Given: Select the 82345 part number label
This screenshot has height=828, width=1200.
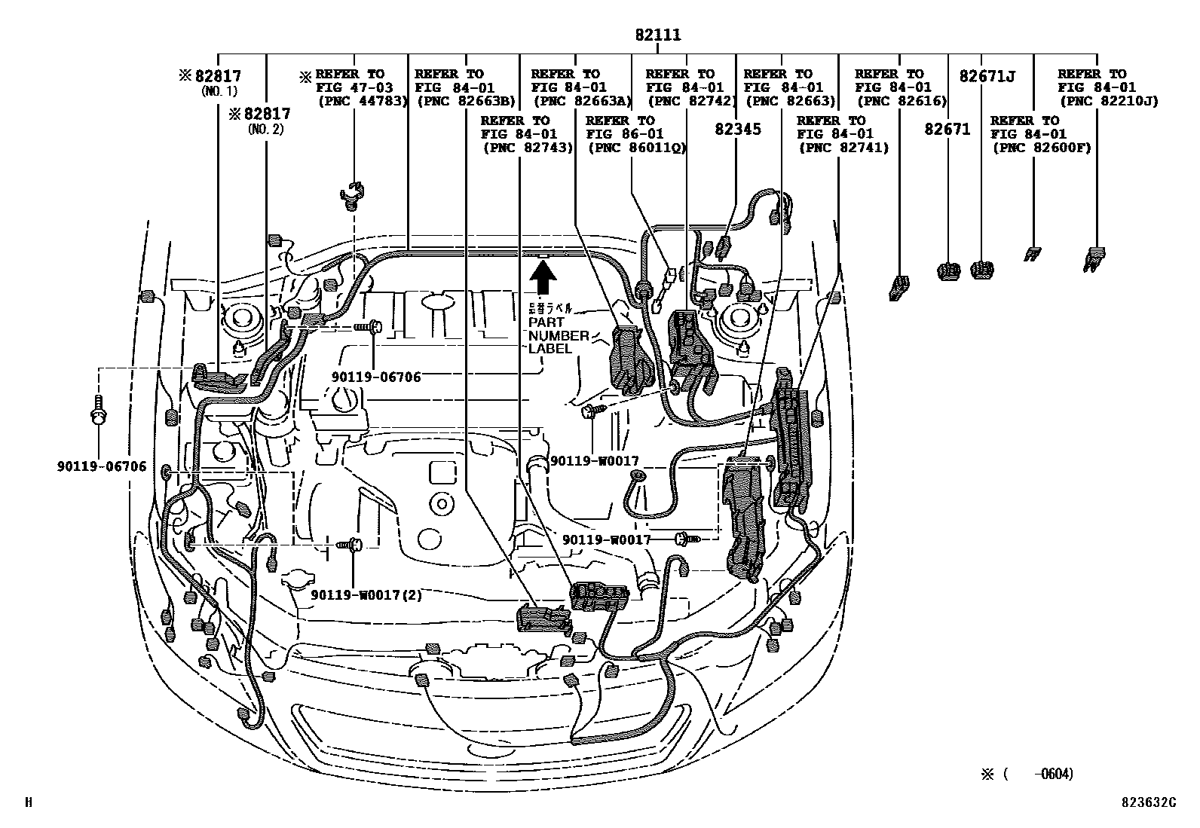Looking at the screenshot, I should pos(738,129).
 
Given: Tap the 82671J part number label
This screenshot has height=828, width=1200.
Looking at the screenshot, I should pos(987,76).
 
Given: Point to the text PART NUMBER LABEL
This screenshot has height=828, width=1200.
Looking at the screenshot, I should pos(559,335).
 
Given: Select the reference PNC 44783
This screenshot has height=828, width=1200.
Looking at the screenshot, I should pos(363,101).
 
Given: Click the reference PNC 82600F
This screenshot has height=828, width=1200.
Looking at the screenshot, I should pos(1041,148).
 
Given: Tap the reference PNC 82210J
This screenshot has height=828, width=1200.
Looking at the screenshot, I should pos(1108,101).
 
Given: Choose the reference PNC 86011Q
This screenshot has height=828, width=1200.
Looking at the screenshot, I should pos(636,148).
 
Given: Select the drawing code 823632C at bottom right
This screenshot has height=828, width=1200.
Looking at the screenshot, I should pos(1146,802).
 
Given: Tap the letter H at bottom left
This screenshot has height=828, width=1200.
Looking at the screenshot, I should pos(29,803).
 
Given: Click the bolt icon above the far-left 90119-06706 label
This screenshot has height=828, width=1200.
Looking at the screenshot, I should pos(98,410).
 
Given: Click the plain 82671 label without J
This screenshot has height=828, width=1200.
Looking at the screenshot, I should pos(947,129).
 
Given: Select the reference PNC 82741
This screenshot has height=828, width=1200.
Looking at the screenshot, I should pos(843,148).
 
